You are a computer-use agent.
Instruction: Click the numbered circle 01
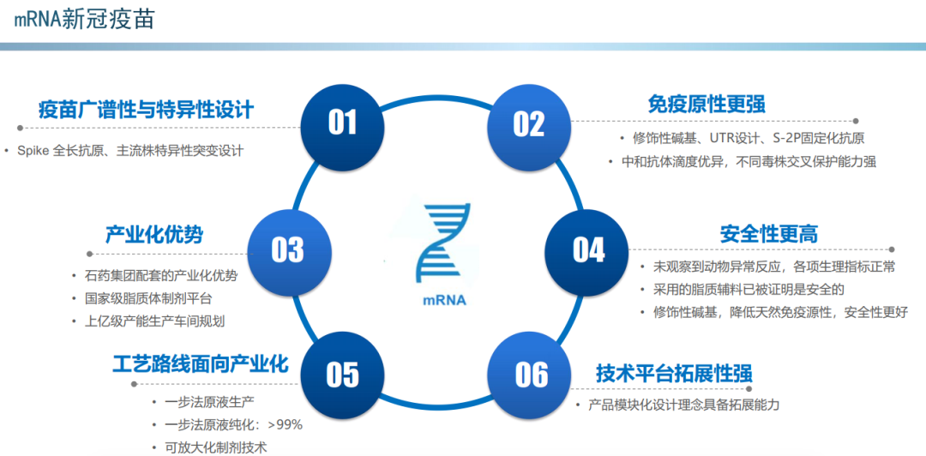coord(342,122)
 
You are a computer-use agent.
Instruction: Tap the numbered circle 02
coord(528,123)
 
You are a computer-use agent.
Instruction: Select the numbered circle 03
coord(287,249)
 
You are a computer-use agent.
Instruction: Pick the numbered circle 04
coord(588,249)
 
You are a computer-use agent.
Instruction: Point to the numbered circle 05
coord(342,375)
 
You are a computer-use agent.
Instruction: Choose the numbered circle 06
coord(531,375)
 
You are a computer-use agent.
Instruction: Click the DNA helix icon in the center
coord(443,243)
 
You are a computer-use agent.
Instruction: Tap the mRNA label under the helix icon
coord(444,301)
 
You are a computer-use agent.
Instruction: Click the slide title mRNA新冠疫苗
coord(84,19)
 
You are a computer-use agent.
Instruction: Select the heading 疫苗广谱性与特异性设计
coord(146,110)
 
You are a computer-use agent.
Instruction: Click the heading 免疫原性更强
coord(707,104)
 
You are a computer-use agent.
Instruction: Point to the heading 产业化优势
coord(154,234)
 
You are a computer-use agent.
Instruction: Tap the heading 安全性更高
coord(768,233)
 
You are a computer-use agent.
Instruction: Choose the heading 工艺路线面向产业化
coord(200,364)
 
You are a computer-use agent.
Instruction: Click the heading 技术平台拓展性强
coord(674,374)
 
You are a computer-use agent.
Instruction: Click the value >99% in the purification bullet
coord(285,424)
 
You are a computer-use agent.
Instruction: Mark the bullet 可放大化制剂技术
coord(209,447)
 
